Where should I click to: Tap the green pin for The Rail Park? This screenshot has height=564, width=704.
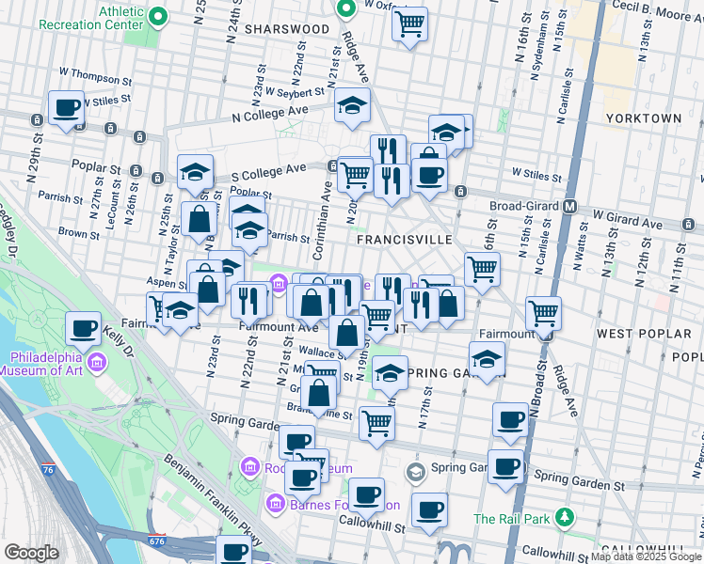point(564,517)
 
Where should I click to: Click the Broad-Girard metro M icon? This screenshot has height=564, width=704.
point(569,206)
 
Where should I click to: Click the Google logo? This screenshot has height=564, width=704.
point(31,553)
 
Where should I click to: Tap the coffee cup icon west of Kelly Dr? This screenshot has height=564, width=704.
point(84,328)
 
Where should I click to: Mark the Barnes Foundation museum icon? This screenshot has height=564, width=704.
point(276,504)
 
